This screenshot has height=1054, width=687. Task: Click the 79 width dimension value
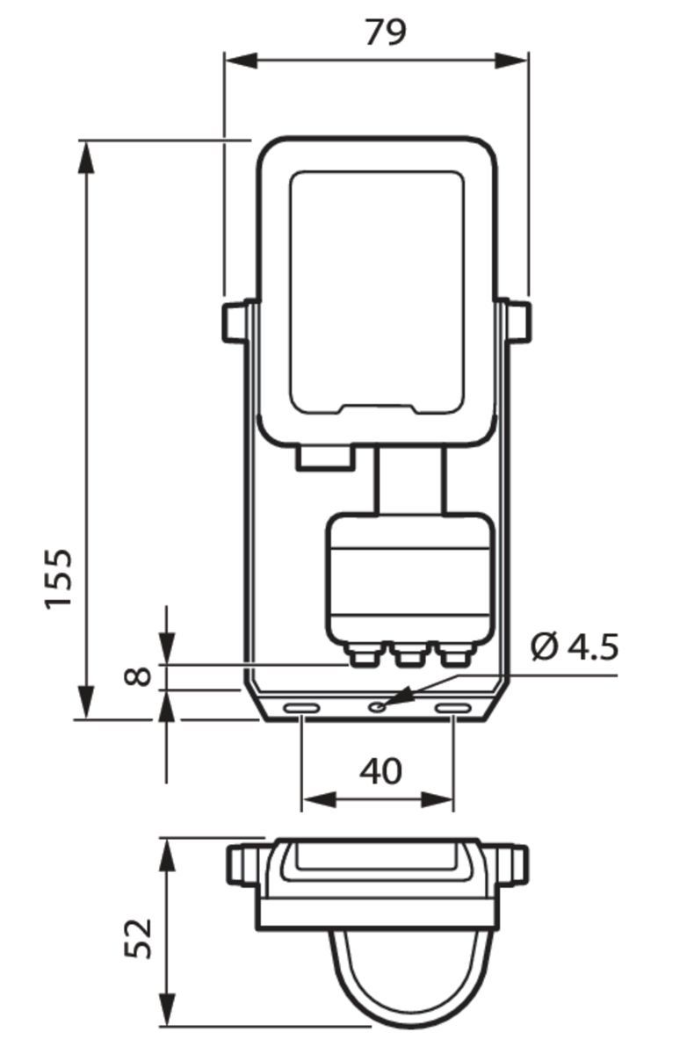point(385,32)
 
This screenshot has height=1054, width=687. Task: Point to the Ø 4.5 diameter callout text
point(575,647)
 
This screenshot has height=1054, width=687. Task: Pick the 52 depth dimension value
point(138,937)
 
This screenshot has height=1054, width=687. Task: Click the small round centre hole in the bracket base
point(377,705)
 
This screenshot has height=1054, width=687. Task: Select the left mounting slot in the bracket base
point(300,708)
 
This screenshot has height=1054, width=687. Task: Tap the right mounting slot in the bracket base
point(453,708)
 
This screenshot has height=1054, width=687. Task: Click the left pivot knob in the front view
point(235,321)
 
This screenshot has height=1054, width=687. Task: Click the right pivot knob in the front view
point(518,321)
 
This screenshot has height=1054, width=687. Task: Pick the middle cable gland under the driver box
point(409,654)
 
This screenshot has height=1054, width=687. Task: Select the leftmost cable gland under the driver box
point(362,654)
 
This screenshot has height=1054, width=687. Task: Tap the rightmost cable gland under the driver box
point(455,654)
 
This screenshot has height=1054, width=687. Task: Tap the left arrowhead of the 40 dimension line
point(312,800)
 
